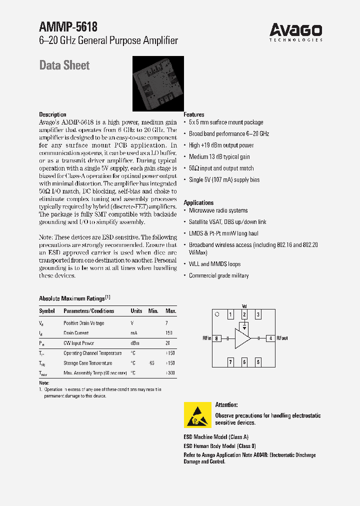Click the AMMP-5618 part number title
pos(68,27)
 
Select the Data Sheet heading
pos(64,65)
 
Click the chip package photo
pos(157,83)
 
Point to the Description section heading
pos(52,114)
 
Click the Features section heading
pos(194,114)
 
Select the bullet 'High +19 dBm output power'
pos(221,145)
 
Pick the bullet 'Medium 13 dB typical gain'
pos(219,157)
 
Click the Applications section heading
pos(198,202)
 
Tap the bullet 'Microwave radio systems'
pos(218,210)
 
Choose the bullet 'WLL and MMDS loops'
pos(214,264)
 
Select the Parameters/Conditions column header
pos(89,311)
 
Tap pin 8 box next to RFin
pos(217,338)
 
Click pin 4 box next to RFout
pos(270,338)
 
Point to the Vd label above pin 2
pos(244,306)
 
